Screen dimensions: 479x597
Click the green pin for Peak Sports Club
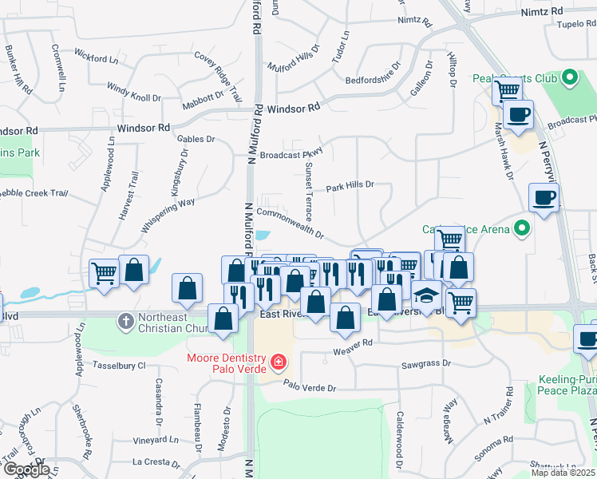tap(569, 79)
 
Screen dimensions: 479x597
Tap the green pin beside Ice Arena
tap(522, 230)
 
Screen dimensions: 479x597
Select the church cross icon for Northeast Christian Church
tap(125, 322)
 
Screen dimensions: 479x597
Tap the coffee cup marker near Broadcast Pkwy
tap(518, 114)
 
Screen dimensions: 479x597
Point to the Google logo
tap(26, 469)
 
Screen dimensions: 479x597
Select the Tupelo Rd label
tap(578, 24)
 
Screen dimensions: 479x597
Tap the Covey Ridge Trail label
tap(218, 74)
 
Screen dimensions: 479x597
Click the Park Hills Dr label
tap(350, 185)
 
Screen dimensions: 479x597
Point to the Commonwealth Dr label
tap(290, 224)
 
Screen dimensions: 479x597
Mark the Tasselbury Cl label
tap(119, 365)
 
